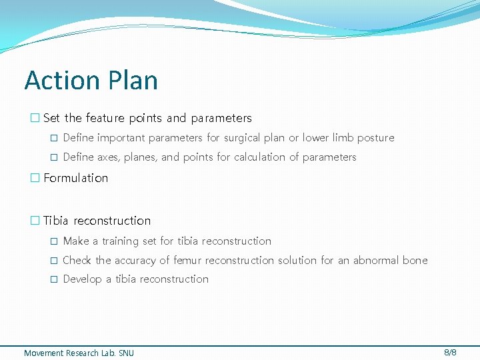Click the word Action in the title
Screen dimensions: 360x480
[62, 81]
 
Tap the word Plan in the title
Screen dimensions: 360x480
[132, 81]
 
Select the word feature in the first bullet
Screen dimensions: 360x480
[104, 118]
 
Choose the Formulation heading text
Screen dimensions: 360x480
[75, 178]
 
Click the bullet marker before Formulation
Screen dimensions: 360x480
[35, 178]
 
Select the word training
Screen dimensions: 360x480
[122, 241]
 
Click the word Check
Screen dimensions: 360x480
[77, 261]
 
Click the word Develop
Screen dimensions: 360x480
[83, 279]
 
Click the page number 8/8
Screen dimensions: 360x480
[450, 351]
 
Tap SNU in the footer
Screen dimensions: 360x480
[126, 353]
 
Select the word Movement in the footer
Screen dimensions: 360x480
[44, 353]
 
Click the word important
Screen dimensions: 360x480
[121, 138]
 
